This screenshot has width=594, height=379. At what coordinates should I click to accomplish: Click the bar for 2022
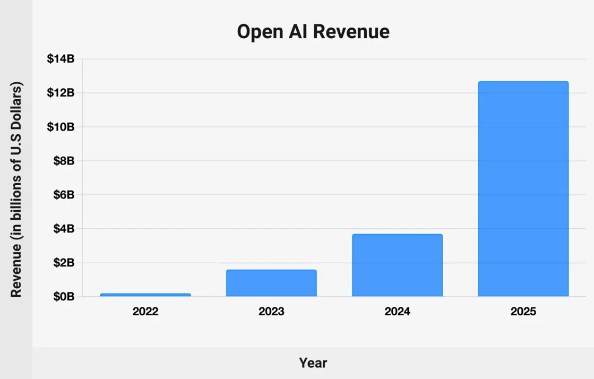click(x=145, y=295)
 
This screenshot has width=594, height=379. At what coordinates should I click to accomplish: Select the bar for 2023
click(x=271, y=283)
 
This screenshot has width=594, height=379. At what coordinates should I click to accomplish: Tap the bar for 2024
click(x=397, y=265)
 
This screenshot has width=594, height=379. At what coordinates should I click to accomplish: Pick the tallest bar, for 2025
click(x=523, y=189)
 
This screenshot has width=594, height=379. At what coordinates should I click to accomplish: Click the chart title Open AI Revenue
click(x=313, y=32)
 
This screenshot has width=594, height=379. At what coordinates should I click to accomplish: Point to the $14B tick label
click(x=61, y=59)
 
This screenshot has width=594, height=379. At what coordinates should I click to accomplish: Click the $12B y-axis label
click(x=61, y=93)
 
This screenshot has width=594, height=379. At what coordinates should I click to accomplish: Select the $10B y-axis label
click(x=61, y=127)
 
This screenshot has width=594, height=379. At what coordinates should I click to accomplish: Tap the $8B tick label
click(x=64, y=161)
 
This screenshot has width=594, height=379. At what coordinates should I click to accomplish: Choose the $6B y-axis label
click(x=64, y=195)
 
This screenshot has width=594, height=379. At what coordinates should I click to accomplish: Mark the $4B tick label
click(x=64, y=229)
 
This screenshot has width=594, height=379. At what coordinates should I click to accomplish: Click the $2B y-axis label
click(x=64, y=263)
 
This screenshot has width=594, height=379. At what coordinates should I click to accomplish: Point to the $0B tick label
click(x=64, y=297)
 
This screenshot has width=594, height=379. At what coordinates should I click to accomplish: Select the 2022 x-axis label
click(x=145, y=312)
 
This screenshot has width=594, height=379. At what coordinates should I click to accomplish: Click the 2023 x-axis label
click(x=271, y=312)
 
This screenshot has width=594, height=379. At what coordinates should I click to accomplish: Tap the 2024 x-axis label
click(x=397, y=312)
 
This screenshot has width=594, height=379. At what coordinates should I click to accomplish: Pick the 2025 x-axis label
click(x=523, y=312)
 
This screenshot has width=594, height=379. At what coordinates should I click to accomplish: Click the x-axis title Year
click(x=313, y=363)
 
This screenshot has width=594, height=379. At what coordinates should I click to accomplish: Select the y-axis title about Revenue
click(x=16, y=189)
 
